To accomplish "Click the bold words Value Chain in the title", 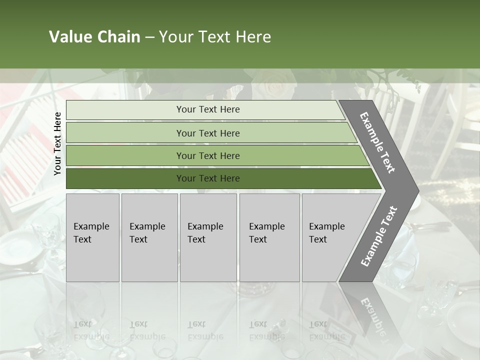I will point(94,37).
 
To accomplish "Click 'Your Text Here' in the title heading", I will point(215,37).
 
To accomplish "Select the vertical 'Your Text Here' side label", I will point(57,143).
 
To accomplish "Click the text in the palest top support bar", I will point(208,109).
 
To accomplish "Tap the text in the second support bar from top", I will point(208,133).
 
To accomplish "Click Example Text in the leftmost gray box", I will point(91,233).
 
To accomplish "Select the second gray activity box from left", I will point(149,237).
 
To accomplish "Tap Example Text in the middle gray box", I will point(205,233).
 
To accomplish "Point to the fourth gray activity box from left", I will point(269,237).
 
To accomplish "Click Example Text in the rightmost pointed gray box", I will point(326,233).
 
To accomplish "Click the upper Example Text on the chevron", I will point(377,142).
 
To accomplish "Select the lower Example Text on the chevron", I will point(379,236).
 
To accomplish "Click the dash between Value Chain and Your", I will point(149,37).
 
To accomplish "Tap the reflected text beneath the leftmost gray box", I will point(91,330).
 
